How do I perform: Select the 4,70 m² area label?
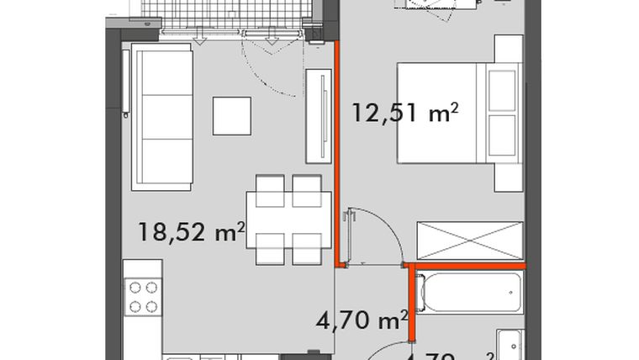click(x=362, y=321)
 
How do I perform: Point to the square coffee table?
click(x=231, y=115)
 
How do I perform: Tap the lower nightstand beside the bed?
click(x=509, y=177)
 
